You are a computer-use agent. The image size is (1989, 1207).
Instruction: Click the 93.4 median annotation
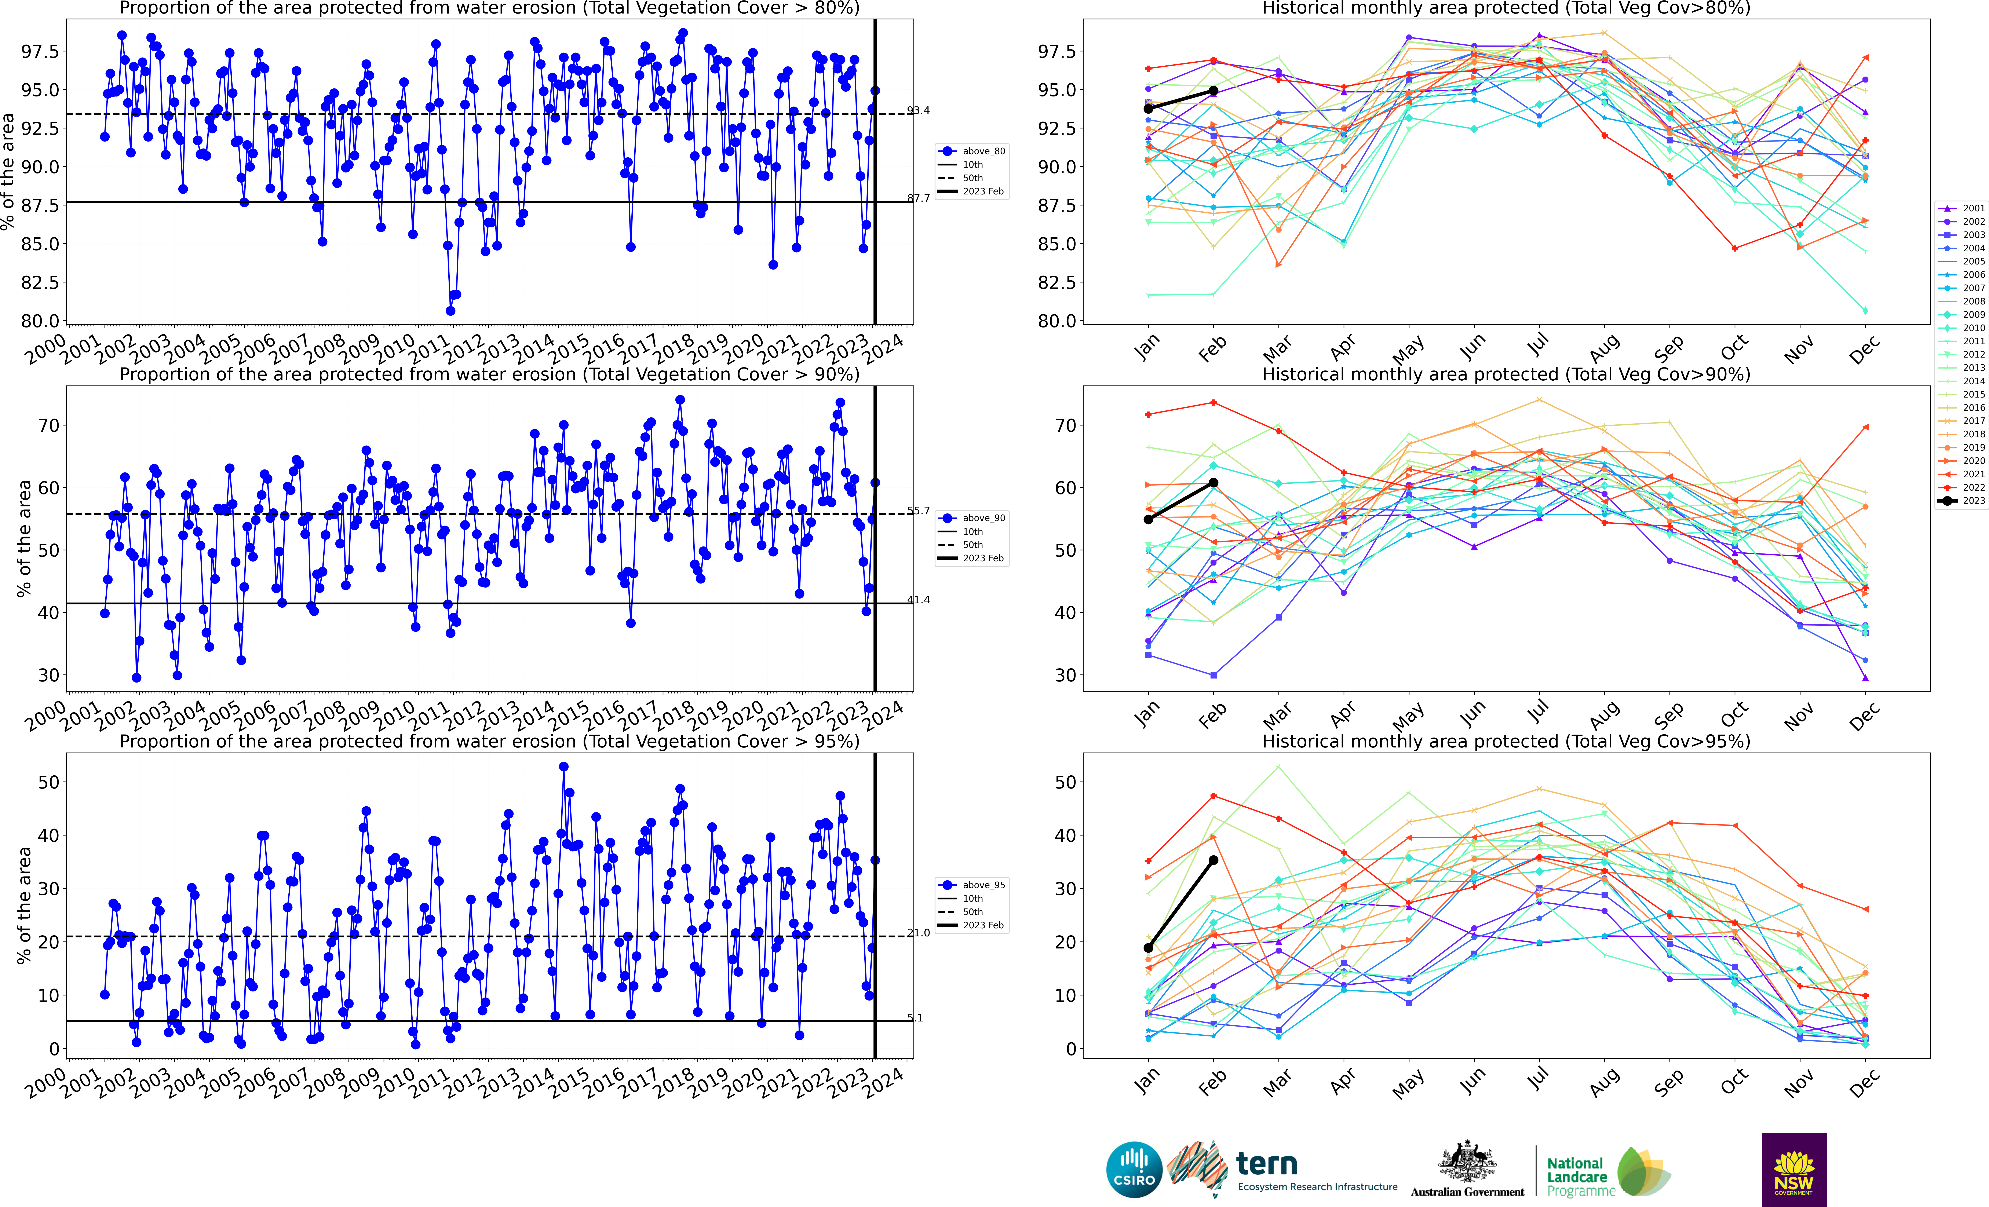pyautogui.click(x=918, y=111)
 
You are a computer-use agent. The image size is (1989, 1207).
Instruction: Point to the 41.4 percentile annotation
pyautogui.click(x=918, y=600)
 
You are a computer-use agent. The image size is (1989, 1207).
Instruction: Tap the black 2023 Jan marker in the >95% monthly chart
pyautogui.click(x=1148, y=948)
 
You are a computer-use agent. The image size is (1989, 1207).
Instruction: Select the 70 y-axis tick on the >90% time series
pyautogui.click(x=48, y=425)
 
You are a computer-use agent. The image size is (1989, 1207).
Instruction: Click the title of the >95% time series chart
pyautogui.click(x=489, y=741)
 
